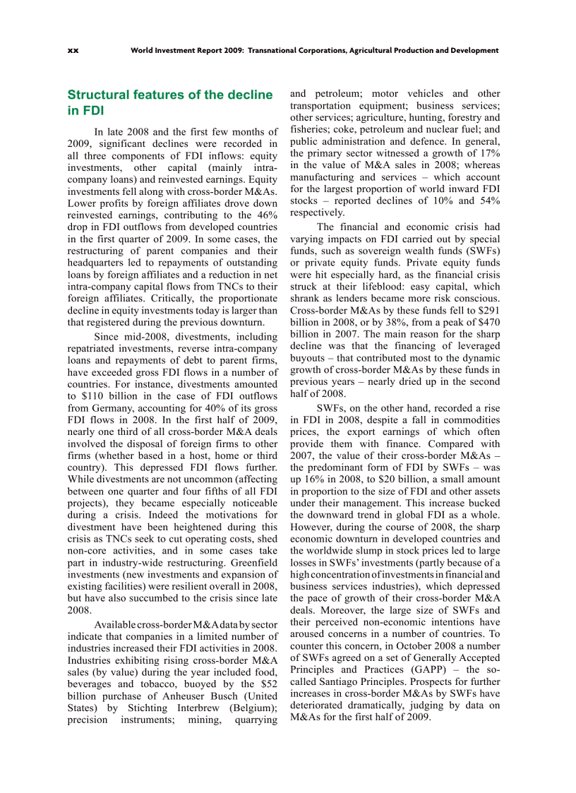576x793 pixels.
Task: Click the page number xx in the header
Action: point(72,50)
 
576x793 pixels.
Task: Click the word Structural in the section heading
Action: point(99,95)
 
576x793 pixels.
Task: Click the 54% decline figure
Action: point(487,201)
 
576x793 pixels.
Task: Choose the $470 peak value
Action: point(486,323)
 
